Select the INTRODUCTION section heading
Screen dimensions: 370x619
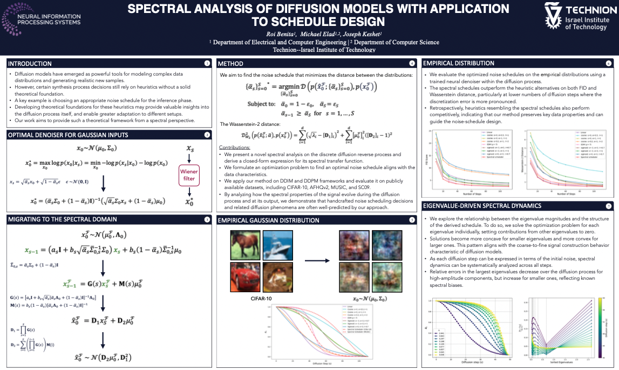(x=30, y=63)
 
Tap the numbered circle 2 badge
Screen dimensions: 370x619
(x=207, y=134)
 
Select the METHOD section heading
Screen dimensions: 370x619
(x=230, y=63)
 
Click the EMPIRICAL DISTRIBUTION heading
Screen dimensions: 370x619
(x=458, y=63)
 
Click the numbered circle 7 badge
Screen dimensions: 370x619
(x=609, y=206)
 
